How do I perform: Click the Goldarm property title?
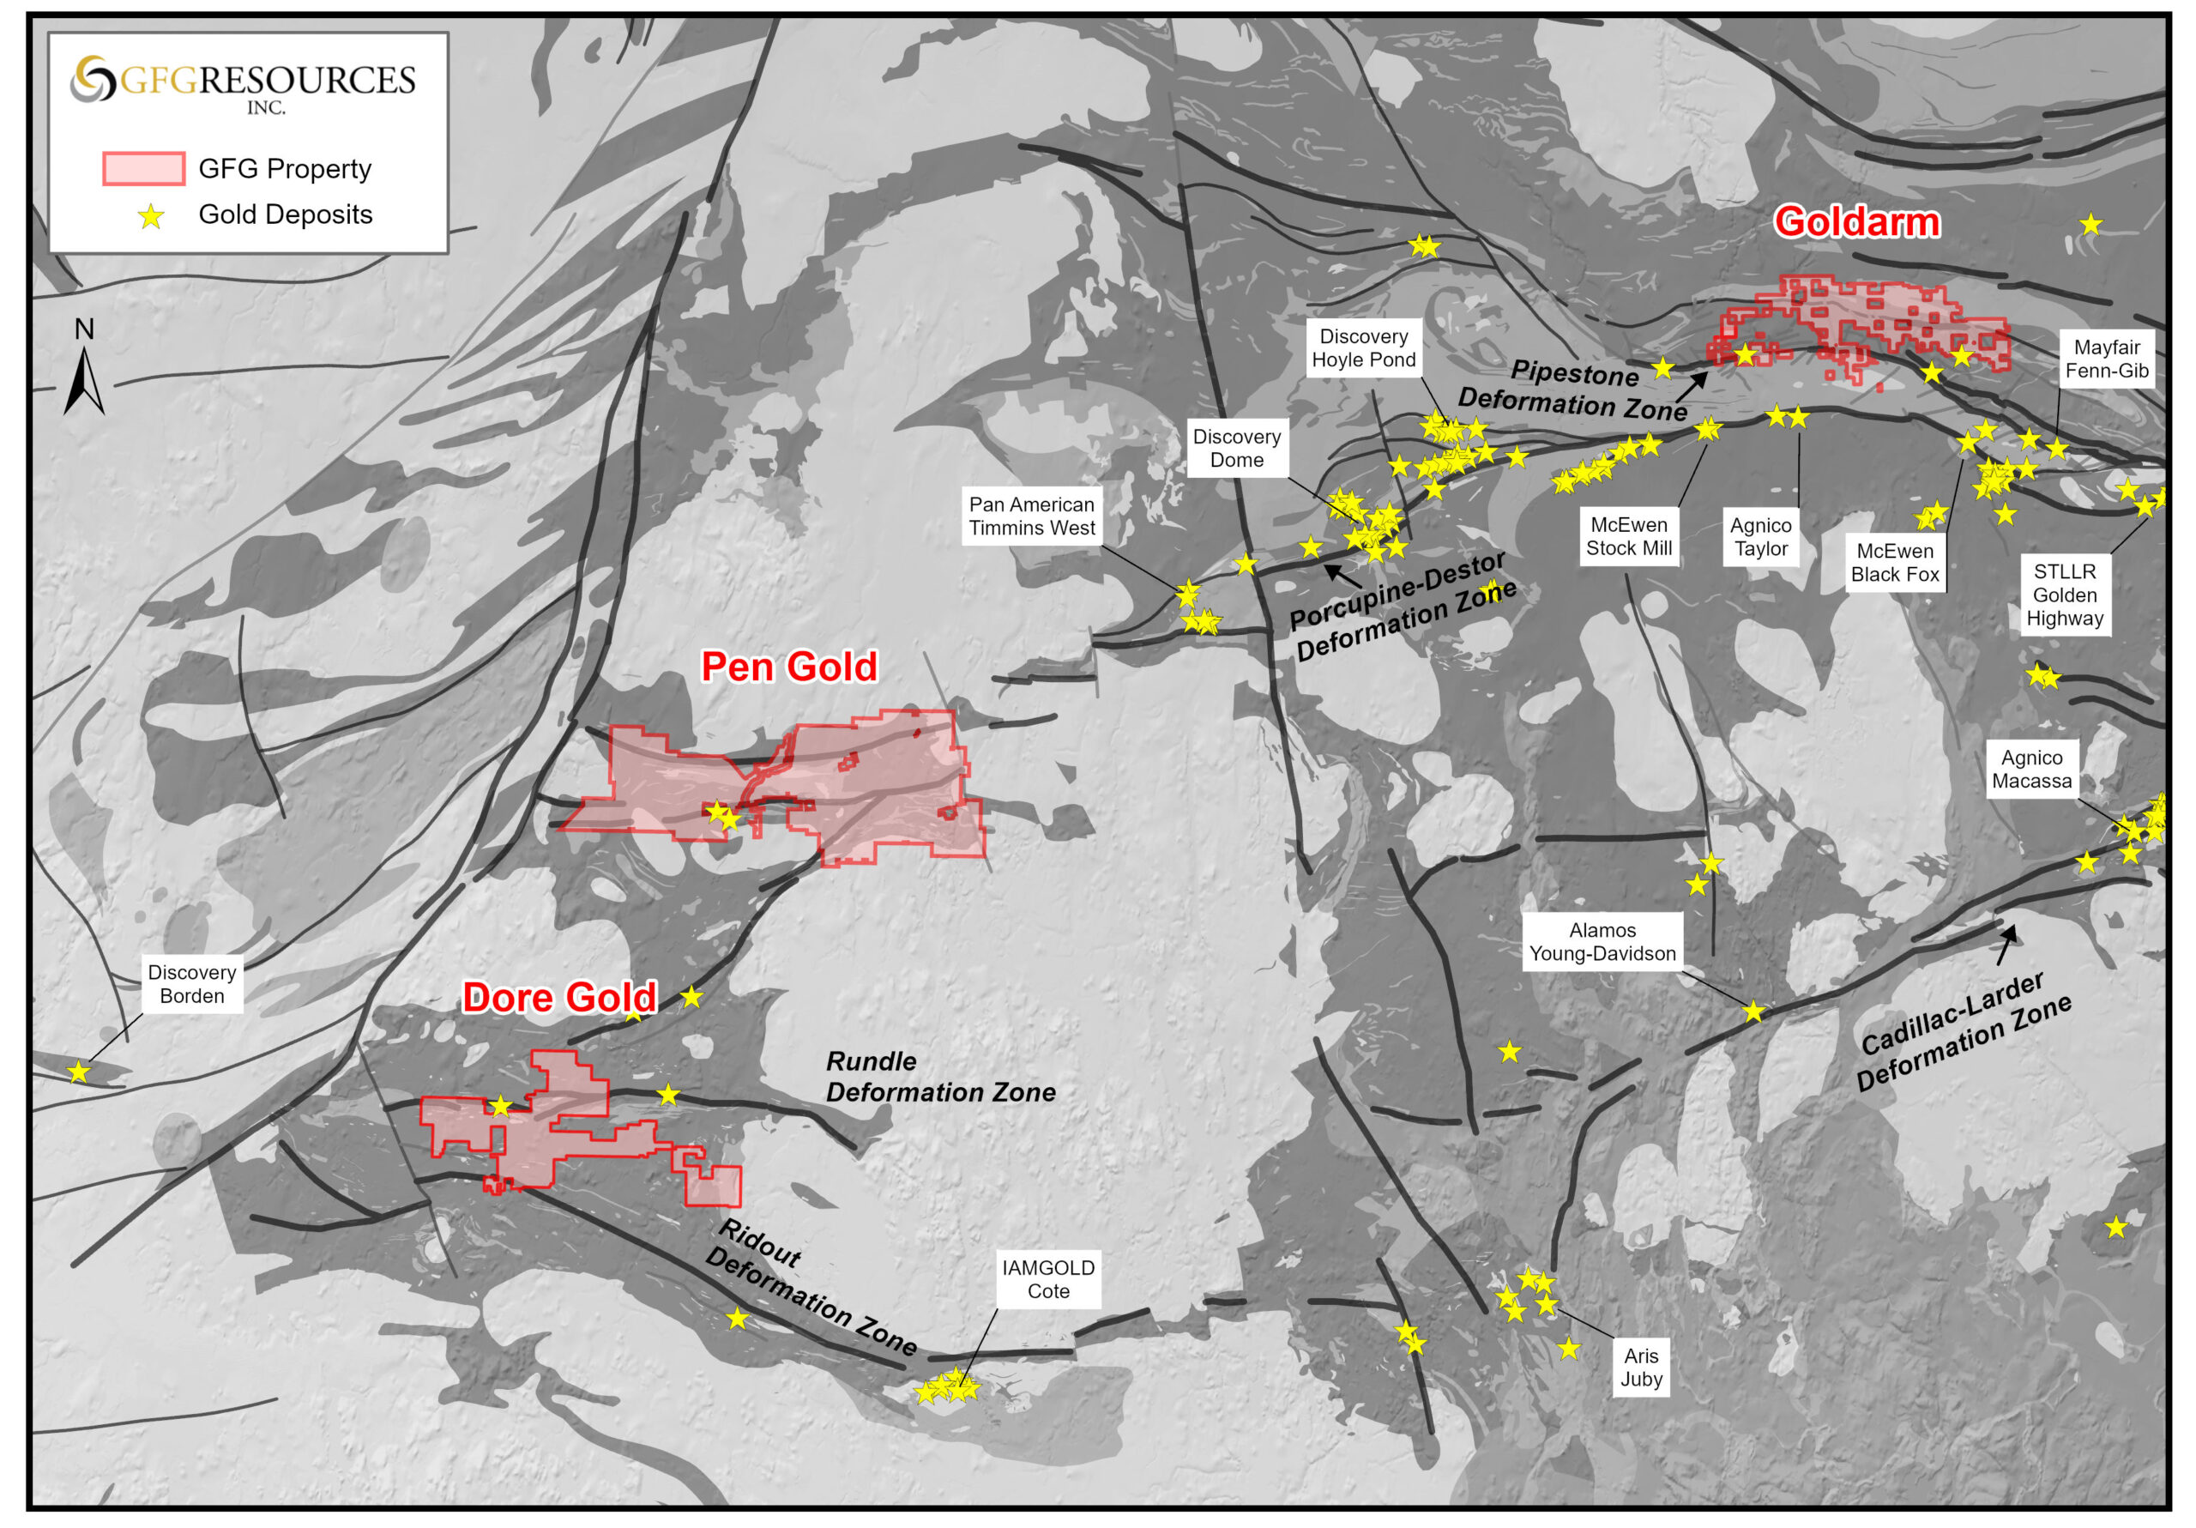pos(1856,222)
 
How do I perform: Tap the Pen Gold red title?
pos(789,667)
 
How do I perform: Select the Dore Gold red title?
pos(559,998)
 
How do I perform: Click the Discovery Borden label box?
pos(192,983)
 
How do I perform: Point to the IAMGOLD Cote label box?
pos(1048,1279)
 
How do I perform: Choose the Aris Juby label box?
pos(1641,1368)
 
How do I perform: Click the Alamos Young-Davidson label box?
pos(1602,941)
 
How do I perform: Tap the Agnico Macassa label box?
pos(2031,770)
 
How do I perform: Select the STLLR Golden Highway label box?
pos(2064,595)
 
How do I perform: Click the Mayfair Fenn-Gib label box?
pos(2106,359)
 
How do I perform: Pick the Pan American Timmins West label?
pos(1032,516)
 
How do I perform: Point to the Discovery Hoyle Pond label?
pos(1363,348)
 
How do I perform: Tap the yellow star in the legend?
pos(151,217)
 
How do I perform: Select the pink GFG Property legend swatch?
pos(143,168)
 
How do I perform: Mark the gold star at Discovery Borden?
pos(78,1072)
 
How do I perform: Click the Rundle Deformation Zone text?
pos(940,1077)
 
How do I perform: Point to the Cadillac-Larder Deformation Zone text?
pos(1964,1032)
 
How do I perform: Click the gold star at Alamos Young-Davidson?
pos(1753,1012)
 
